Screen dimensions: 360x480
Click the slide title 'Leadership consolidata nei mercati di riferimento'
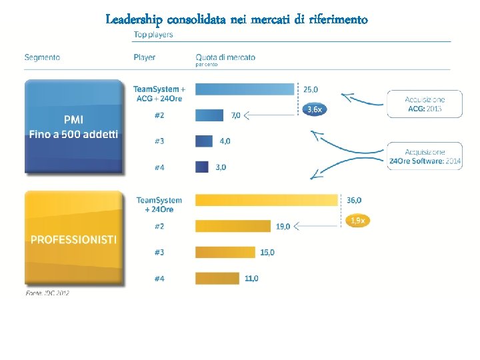coord(237,19)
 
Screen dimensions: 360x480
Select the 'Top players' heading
coord(153,35)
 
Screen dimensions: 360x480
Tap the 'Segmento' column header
coord(42,57)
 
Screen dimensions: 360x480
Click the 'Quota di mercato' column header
coord(225,58)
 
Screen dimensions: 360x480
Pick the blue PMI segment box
coord(73,127)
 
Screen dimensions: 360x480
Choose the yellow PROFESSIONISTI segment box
coord(73,239)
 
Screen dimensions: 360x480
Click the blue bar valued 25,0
coord(245,89)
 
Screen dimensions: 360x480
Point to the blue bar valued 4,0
coord(204,141)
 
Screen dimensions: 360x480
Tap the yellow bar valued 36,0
coord(267,200)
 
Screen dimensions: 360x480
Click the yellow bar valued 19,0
coord(233,226)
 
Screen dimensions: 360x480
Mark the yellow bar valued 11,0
coord(217,278)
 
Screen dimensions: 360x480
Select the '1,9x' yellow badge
coord(357,221)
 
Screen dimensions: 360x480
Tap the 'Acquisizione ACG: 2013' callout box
coord(425,103)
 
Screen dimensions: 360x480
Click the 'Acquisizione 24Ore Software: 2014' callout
coord(425,156)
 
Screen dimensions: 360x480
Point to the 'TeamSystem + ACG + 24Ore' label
coord(159,94)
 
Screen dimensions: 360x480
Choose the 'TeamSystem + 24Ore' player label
coord(159,205)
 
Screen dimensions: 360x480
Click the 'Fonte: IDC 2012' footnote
coord(47,293)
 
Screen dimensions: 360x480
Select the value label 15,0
coord(267,253)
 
